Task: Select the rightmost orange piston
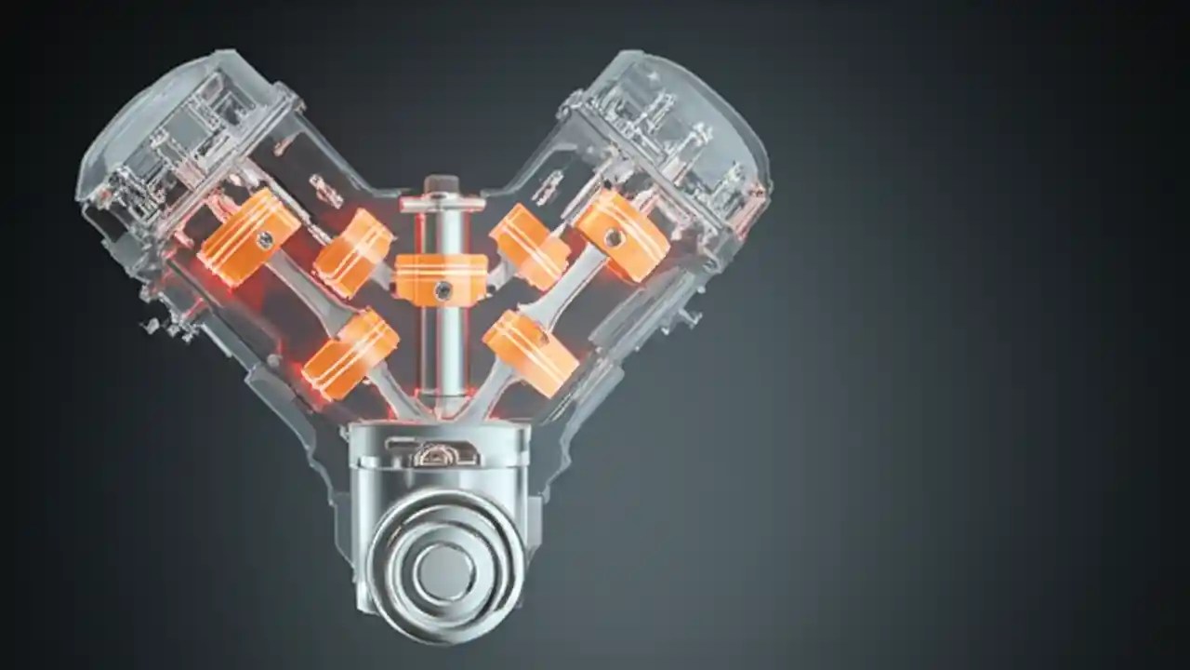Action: pos(621,234)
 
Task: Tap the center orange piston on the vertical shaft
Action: pos(441,278)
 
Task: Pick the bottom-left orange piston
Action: pos(350,353)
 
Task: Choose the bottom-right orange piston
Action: pos(531,352)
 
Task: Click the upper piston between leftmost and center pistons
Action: pos(353,252)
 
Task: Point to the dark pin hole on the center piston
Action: pos(443,289)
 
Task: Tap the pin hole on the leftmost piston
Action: pos(266,239)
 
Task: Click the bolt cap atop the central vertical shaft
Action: pos(442,186)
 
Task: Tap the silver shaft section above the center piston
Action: pos(443,228)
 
